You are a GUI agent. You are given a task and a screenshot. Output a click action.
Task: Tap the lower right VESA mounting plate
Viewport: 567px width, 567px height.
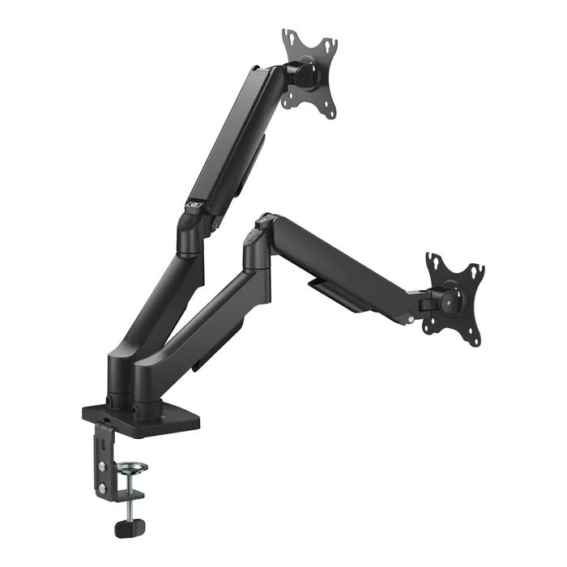point(454,299)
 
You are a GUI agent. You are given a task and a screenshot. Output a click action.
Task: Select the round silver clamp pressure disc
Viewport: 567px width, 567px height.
point(134,467)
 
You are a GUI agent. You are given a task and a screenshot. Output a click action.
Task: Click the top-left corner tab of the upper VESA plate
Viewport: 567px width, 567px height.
point(287,36)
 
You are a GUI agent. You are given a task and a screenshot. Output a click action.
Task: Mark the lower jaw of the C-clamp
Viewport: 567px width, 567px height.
point(122,495)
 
